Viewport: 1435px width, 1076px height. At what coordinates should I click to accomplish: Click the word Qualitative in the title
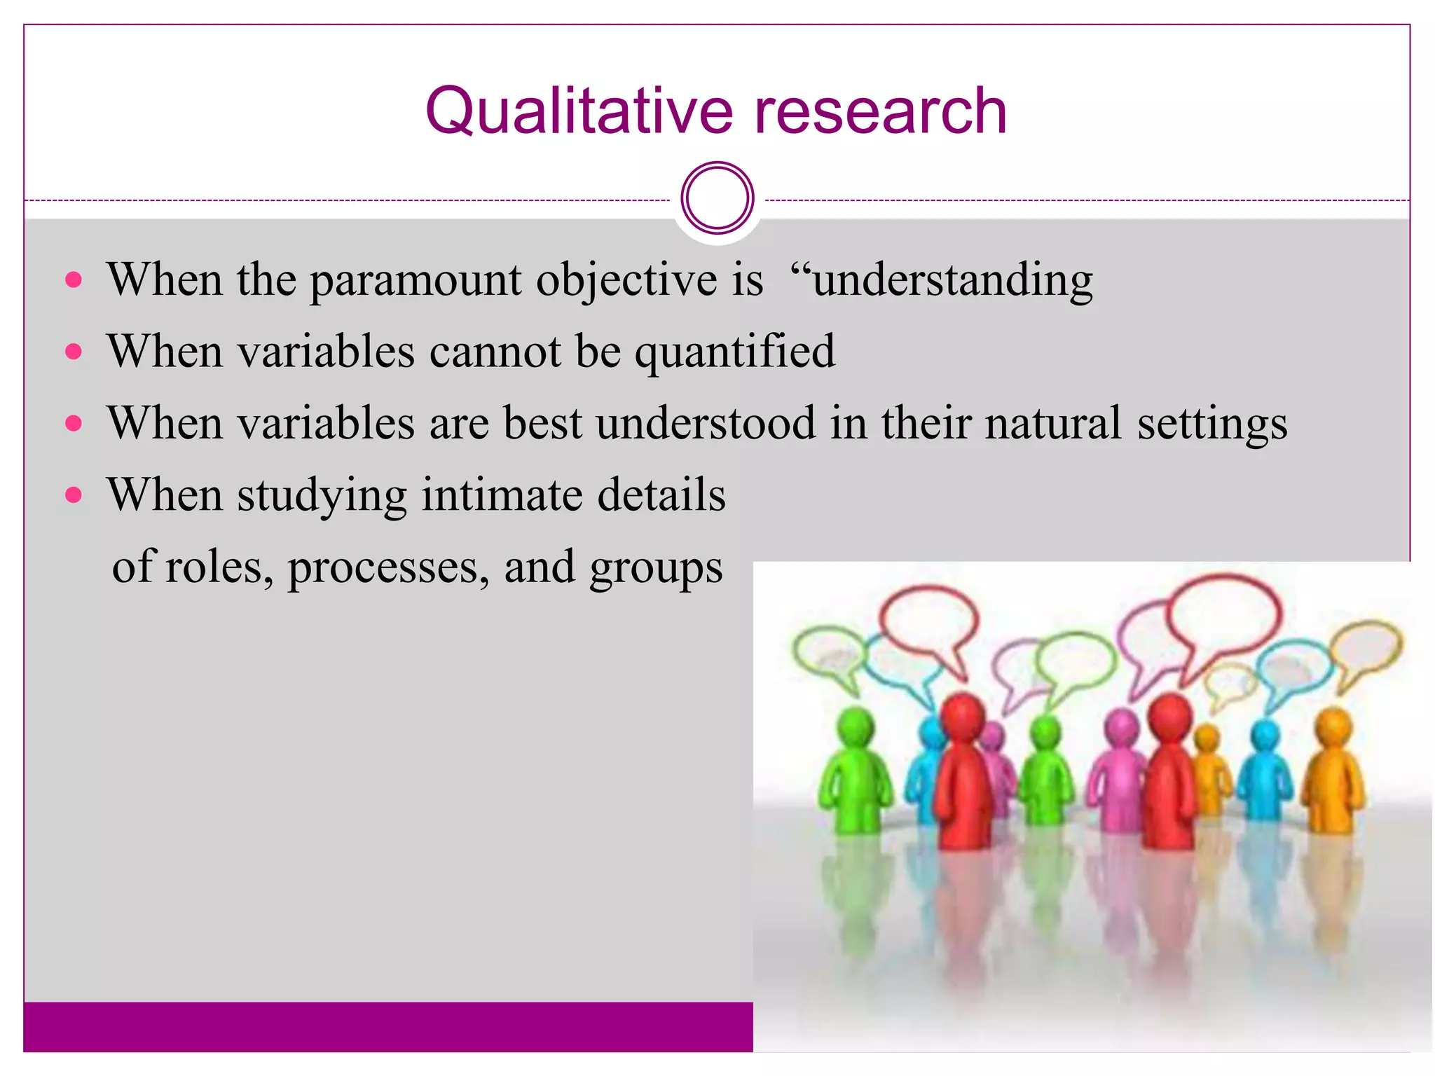(x=579, y=112)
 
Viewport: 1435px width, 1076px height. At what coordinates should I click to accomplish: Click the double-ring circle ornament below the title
(x=717, y=198)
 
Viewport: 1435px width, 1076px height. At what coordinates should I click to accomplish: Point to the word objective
(x=626, y=280)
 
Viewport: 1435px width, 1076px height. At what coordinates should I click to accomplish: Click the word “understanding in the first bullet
(x=941, y=280)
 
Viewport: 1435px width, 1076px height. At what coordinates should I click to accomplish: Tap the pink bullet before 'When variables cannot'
(x=74, y=351)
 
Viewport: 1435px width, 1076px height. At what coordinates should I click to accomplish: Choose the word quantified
(x=735, y=352)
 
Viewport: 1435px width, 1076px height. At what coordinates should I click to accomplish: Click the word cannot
(x=495, y=351)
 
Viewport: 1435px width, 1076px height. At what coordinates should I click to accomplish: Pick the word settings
(x=1212, y=425)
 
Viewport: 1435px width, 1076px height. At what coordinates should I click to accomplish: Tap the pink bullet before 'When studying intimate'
(x=74, y=495)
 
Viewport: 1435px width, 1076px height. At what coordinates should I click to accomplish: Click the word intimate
(x=502, y=495)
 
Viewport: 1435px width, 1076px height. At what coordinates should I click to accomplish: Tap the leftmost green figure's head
(x=856, y=729)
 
